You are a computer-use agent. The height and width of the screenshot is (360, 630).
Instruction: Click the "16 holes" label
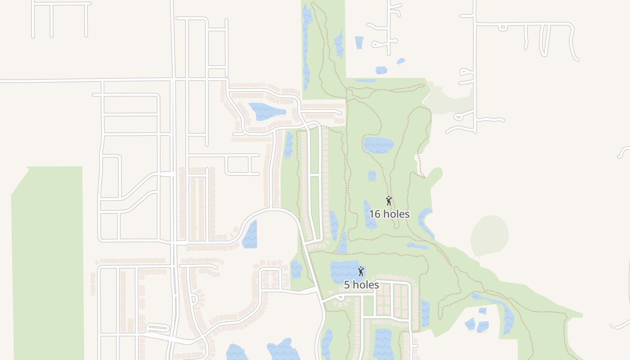click(389, 214)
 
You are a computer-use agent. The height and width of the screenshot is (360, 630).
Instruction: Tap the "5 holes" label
click(361, 285)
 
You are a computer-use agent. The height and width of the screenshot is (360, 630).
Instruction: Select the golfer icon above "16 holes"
click(389, 201)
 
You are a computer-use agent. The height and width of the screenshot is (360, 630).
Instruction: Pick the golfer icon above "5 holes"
click(360, 271)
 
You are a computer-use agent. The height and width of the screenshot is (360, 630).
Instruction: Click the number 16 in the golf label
click(374, 214)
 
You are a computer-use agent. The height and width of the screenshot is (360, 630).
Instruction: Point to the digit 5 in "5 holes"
click(347, 285)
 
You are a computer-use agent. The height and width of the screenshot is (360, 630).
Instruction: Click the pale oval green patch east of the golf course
click(490, 235)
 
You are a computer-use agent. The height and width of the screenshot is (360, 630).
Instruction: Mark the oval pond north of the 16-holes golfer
click(378, 145)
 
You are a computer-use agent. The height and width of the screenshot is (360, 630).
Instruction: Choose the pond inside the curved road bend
click(250, 235)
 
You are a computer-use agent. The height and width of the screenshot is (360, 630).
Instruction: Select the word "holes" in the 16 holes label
click(396, 214)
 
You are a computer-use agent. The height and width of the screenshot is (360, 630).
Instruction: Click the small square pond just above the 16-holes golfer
click(372, 175)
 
